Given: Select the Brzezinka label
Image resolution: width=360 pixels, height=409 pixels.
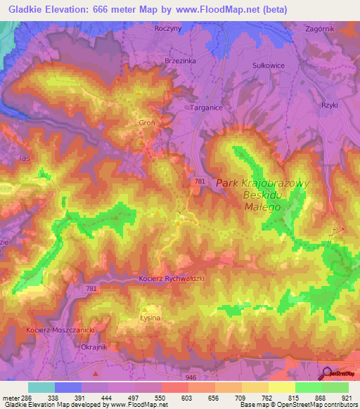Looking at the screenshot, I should (179, 61).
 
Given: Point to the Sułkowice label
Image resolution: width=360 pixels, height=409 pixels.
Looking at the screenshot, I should (268, 65).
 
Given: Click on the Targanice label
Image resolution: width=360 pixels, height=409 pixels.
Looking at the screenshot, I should (207, 108).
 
